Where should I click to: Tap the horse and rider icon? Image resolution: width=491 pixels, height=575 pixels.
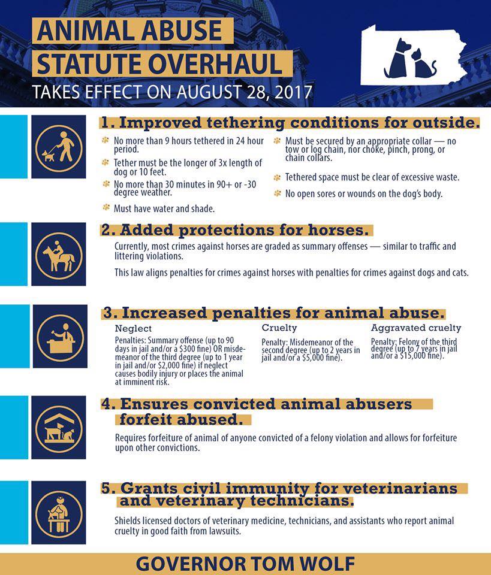(x=59, y=254)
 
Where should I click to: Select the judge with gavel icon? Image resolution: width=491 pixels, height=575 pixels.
(x=59, y=336)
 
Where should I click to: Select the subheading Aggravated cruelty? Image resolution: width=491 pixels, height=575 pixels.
(x=415, y=328)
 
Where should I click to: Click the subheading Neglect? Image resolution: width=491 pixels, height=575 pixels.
(x=133, y=329)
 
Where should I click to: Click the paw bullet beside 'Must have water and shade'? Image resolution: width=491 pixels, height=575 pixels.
(x=106, y=208)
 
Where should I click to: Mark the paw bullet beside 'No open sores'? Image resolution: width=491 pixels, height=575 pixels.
(x=277, y=193)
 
